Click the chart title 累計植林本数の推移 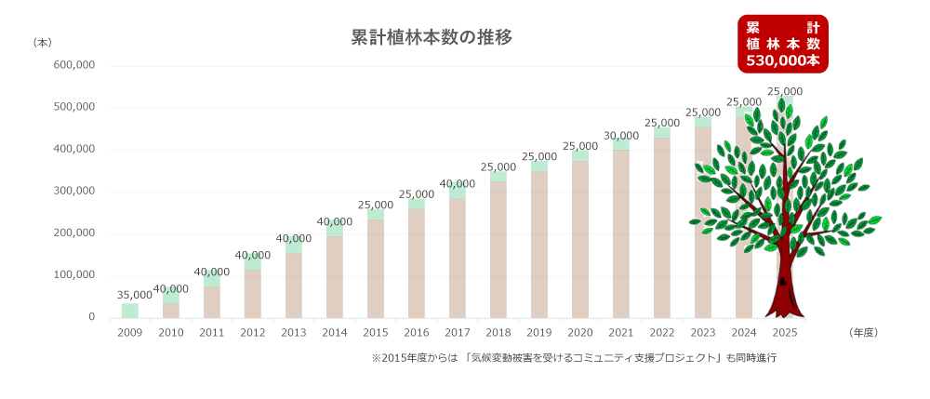(x=432, y=38)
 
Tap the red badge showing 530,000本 (x=782, y=44)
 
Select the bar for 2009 (x=130, y=310)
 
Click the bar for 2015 (x=376, y=265)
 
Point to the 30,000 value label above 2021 (x=621, y=136)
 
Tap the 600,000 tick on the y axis (x=75, y=66)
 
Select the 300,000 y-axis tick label (x=75, y=192)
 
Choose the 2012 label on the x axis (x=253, y=332)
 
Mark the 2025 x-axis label (x=785, y=332)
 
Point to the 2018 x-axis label (x=498, y=332)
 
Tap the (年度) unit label (x=863, y=332)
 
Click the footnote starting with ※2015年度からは (x=573, y=357)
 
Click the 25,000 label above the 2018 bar (x=498, y=166)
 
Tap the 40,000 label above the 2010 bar (x=171, y=288)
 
